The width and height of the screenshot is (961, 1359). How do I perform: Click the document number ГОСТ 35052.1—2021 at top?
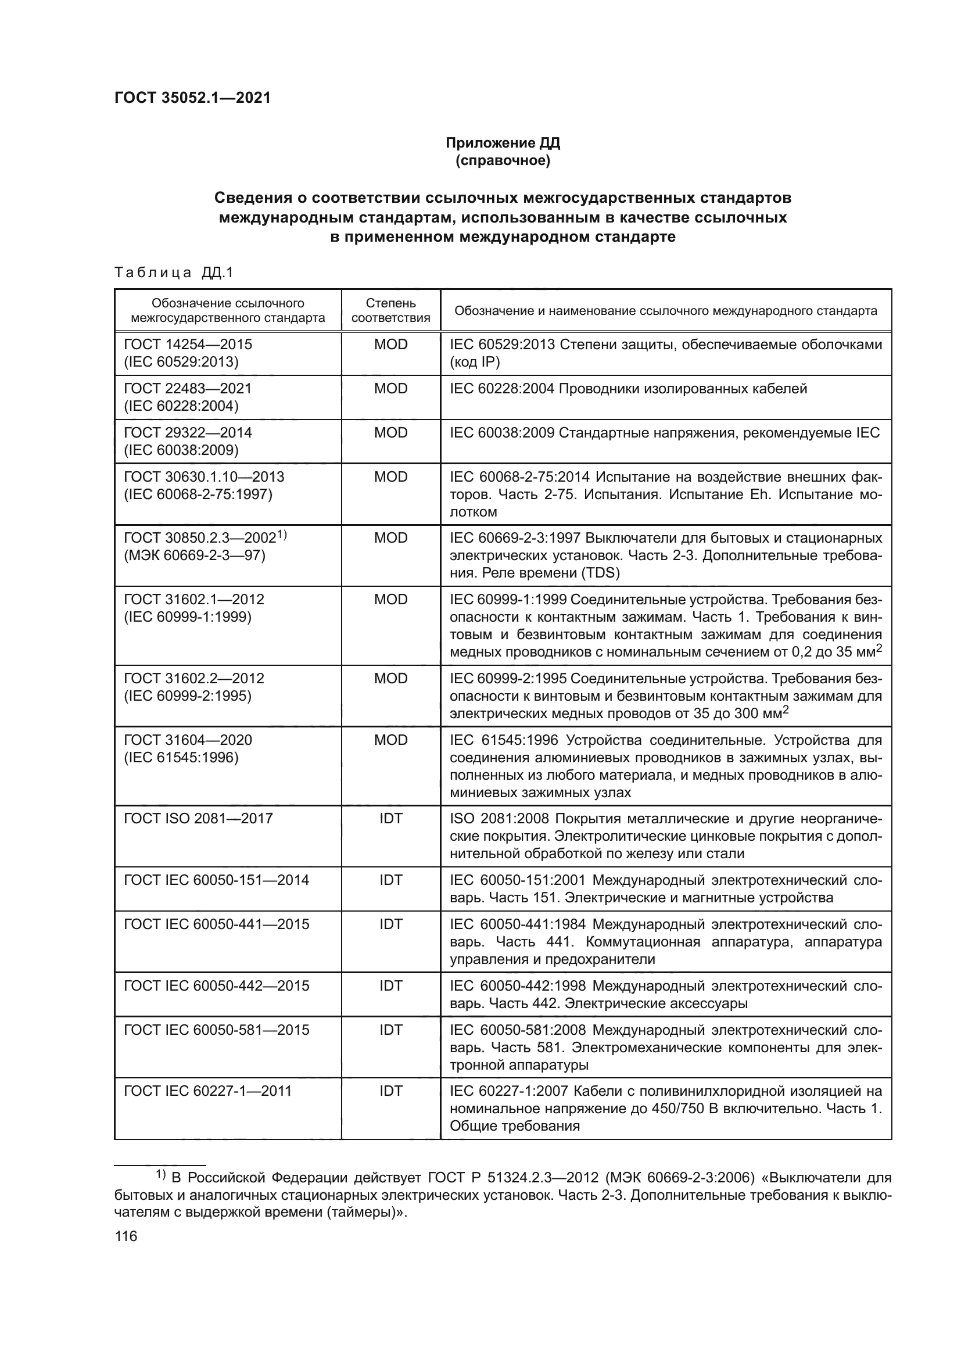(192, 98)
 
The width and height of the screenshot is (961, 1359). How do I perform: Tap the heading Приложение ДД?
(503, 143)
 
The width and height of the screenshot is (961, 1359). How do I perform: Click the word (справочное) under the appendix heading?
(503, 161)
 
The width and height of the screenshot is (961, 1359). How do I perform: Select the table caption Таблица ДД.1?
(174, 272)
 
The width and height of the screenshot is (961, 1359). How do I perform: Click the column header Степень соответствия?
(390, 310)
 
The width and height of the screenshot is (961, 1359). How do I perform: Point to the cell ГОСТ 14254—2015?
(188, 345)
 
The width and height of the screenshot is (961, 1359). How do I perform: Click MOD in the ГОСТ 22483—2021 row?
(390, 389)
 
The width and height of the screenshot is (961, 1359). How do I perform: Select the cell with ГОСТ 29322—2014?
(188, 433)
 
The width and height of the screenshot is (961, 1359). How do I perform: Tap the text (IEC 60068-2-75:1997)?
(198, 494)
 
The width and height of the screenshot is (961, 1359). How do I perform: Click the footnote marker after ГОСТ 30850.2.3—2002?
(282, 535)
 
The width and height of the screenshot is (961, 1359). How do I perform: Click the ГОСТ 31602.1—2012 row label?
(193, 600)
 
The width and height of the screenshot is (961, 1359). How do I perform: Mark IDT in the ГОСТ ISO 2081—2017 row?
(390, 819)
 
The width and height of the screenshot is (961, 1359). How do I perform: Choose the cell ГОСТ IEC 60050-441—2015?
(216, 924)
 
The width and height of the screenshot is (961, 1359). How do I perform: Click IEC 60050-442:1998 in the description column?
(517, 985)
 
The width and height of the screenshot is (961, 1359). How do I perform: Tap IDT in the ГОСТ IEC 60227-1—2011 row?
(390, 1091)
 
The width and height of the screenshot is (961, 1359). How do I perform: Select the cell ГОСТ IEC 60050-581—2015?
(216, 1030)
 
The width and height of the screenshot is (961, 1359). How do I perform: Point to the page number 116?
(126, 1236)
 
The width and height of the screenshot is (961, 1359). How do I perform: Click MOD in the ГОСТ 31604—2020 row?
(390, 740)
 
